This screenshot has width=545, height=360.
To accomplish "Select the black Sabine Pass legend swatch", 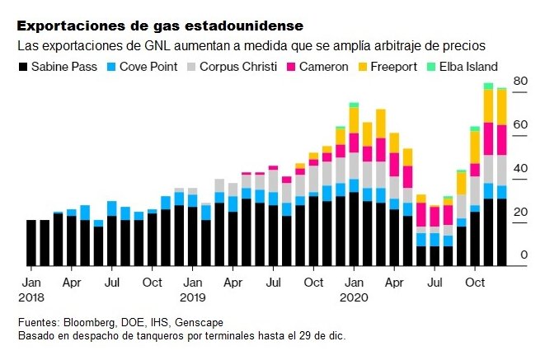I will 24,67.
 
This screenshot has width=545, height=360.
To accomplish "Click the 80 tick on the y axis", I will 520,81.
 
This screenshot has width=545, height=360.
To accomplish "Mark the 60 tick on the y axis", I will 520,125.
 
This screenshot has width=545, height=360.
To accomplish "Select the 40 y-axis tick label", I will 520,169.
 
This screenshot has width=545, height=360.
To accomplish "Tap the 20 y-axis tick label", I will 520,213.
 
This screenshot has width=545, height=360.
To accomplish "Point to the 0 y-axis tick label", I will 524,256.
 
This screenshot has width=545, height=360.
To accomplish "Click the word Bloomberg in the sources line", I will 92,323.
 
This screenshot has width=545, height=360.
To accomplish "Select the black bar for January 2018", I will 31,243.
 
